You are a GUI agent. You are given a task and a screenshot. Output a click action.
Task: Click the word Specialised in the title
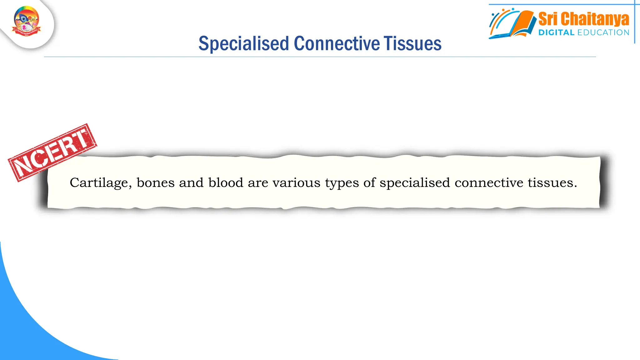point(243,43)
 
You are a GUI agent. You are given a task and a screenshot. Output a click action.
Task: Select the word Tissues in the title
point(412,43)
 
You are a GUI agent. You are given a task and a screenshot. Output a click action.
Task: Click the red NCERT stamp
point(52,152)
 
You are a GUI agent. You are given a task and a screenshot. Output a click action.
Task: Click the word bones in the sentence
point(156,183)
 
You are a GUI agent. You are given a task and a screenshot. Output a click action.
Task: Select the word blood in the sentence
point(226,183)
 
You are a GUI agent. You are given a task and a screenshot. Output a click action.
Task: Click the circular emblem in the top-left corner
point(27,21)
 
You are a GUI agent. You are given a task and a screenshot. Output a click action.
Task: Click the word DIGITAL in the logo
point(556,32)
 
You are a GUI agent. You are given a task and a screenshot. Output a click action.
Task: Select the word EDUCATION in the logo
point(603,32)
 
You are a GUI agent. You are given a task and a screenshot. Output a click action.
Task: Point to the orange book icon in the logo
point(523,23)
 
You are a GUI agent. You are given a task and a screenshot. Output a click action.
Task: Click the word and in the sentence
point(191,183)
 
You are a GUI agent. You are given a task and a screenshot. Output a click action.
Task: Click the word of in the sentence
point(369,183)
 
